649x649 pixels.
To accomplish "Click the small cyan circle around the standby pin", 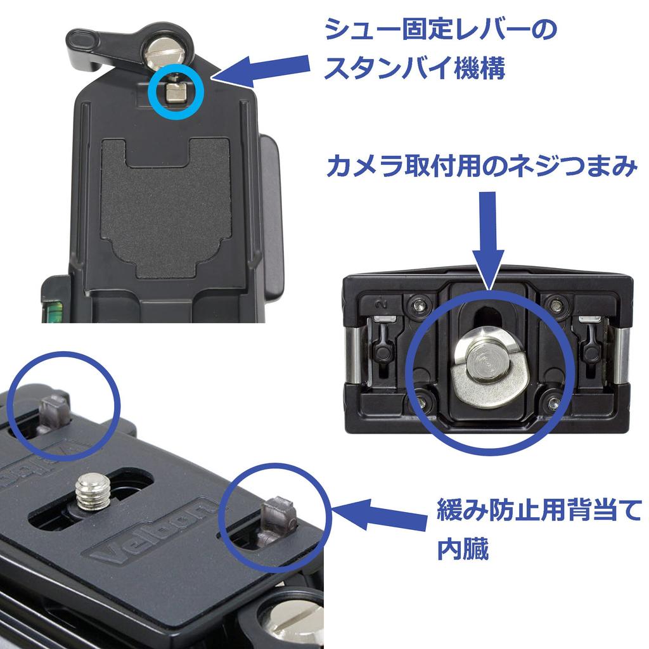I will pos(176,91).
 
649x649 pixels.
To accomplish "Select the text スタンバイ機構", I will pos(414,68).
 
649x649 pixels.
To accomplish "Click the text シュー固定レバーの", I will pos(440,30).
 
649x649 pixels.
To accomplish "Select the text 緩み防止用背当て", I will pos(539,510).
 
